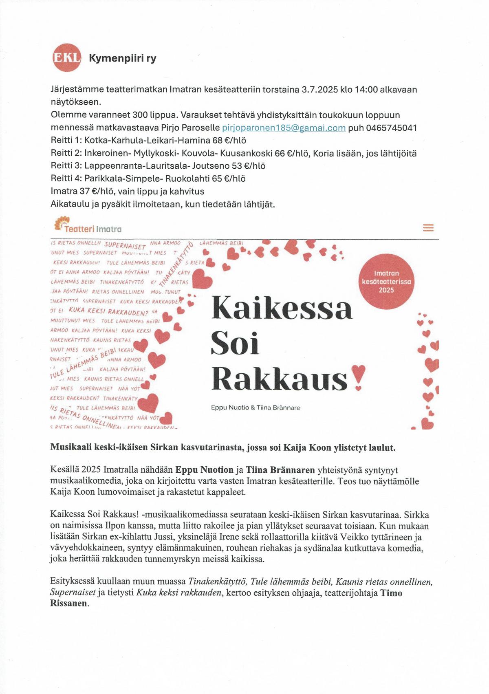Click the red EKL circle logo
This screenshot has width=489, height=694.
click(67, 57)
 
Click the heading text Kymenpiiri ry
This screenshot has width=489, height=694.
click(122, 58)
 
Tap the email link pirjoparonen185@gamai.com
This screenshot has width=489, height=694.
click(284, 128)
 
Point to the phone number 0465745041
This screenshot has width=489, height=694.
click(392, 128)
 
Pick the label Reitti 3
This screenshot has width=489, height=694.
click(66, 166)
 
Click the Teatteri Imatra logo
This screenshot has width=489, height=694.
click(88, 225)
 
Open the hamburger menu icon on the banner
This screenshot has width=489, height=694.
click(428, 228)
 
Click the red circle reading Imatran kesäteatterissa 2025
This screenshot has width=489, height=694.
click(386, 282)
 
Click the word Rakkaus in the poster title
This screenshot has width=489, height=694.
click(280, 379)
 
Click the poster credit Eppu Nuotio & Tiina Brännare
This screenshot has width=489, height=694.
click(256, 408)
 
